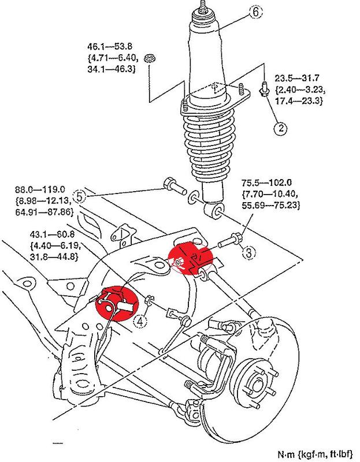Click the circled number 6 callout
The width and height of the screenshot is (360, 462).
click(x=255, y=12)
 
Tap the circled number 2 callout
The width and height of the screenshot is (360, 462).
click(x=280, y=128)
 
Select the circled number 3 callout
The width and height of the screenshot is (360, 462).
click(x=249, y=253)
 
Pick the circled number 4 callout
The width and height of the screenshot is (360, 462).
click(x=140, y=321)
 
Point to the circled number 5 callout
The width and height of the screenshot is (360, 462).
click(x=80, y=196)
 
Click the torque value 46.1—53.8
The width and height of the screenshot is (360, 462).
click(x=110, y=47)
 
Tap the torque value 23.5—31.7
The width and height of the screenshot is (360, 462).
click(x=297, y=78)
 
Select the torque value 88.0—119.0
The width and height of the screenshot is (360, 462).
click(x=40, y=189)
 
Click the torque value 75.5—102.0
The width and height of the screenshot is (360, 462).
click(x=267, y=182)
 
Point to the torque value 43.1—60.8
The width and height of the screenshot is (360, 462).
click(x=52, y=234)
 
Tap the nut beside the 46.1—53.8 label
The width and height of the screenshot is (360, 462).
click(x=150, y=58)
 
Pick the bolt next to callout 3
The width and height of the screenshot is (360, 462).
click(x=231, y=240)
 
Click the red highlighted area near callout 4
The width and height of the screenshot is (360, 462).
click(x=117, y=303)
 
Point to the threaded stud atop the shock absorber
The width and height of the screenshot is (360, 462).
click(x=203, y=6)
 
